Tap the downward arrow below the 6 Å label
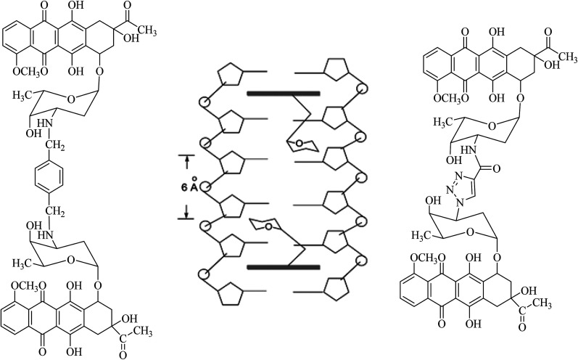(186, 210)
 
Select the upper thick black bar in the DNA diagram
(283, 94)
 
